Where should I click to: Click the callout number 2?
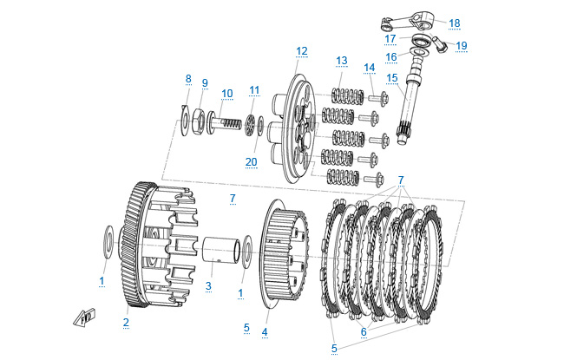point(126,322)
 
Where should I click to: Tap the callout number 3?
point(208,285)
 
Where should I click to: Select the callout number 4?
point(265,331)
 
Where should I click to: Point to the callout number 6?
point(364,331)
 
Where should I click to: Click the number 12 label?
point(301,51)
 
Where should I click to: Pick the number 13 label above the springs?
point(341,60)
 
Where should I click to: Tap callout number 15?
point(391,78)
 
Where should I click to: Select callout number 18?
point(454,23)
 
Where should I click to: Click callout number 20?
point(252,161)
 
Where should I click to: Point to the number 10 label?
point(226,93)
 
